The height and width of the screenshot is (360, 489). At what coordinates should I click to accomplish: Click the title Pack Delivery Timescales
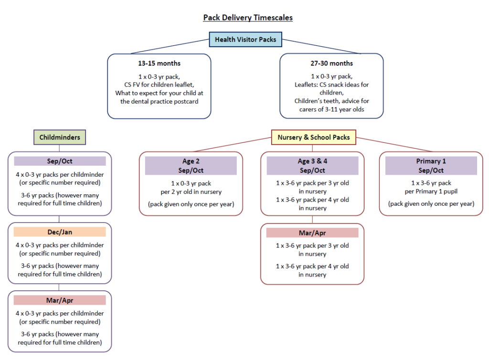(x=248, y=18)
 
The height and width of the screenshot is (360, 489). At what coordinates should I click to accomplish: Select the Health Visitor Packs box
(x=245, y=40)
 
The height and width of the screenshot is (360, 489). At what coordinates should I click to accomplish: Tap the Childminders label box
(x=60, y=138)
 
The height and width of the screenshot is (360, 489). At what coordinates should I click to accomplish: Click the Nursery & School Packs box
(x=313, y=138)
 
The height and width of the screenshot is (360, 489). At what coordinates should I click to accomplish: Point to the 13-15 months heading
(x=159, y=64)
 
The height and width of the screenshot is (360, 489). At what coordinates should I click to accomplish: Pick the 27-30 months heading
(x=331, y=64)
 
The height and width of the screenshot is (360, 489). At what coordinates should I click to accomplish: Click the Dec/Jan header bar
(x=60, y=232)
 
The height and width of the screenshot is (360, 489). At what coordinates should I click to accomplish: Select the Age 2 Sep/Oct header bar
(x=191, y=166)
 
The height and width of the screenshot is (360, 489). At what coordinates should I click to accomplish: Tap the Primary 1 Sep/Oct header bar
(x=431, y=166)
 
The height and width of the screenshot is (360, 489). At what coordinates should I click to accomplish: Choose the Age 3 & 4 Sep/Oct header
(x=312, y=166)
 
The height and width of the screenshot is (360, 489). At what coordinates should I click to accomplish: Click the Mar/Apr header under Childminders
(x=60, y=300)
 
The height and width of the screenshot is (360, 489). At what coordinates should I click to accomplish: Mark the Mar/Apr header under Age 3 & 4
(x=312, y=233)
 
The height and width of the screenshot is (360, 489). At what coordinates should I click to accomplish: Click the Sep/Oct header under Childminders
(x=60, y=161)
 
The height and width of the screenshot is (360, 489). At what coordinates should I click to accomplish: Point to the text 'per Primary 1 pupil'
(x=431, y=191)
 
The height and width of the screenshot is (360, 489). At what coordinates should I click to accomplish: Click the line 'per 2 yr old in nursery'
(x=191, y=191)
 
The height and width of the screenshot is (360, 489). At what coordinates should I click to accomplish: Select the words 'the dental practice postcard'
(x=159, y=101)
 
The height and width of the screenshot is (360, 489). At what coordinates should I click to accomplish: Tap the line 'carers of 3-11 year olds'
(x=331, y=109)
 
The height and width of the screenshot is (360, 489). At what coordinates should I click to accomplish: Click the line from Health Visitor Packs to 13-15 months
(x=170, y=46)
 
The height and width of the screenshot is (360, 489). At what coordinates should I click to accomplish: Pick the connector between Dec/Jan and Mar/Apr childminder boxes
(x=59, y=287)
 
